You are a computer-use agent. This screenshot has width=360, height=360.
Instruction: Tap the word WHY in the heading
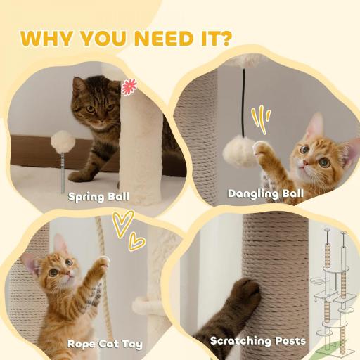(49, 39)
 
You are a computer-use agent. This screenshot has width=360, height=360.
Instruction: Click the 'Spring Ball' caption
(98, 196)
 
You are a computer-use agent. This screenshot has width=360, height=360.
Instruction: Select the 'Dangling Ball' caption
(266, 193)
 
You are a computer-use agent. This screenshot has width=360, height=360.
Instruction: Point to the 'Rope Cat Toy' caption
(105, 344)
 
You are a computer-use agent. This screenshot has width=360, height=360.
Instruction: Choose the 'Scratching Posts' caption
(258, 341)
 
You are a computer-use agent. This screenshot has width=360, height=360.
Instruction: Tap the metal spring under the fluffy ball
(62, 169)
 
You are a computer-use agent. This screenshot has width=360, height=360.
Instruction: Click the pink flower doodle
(128, 87)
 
